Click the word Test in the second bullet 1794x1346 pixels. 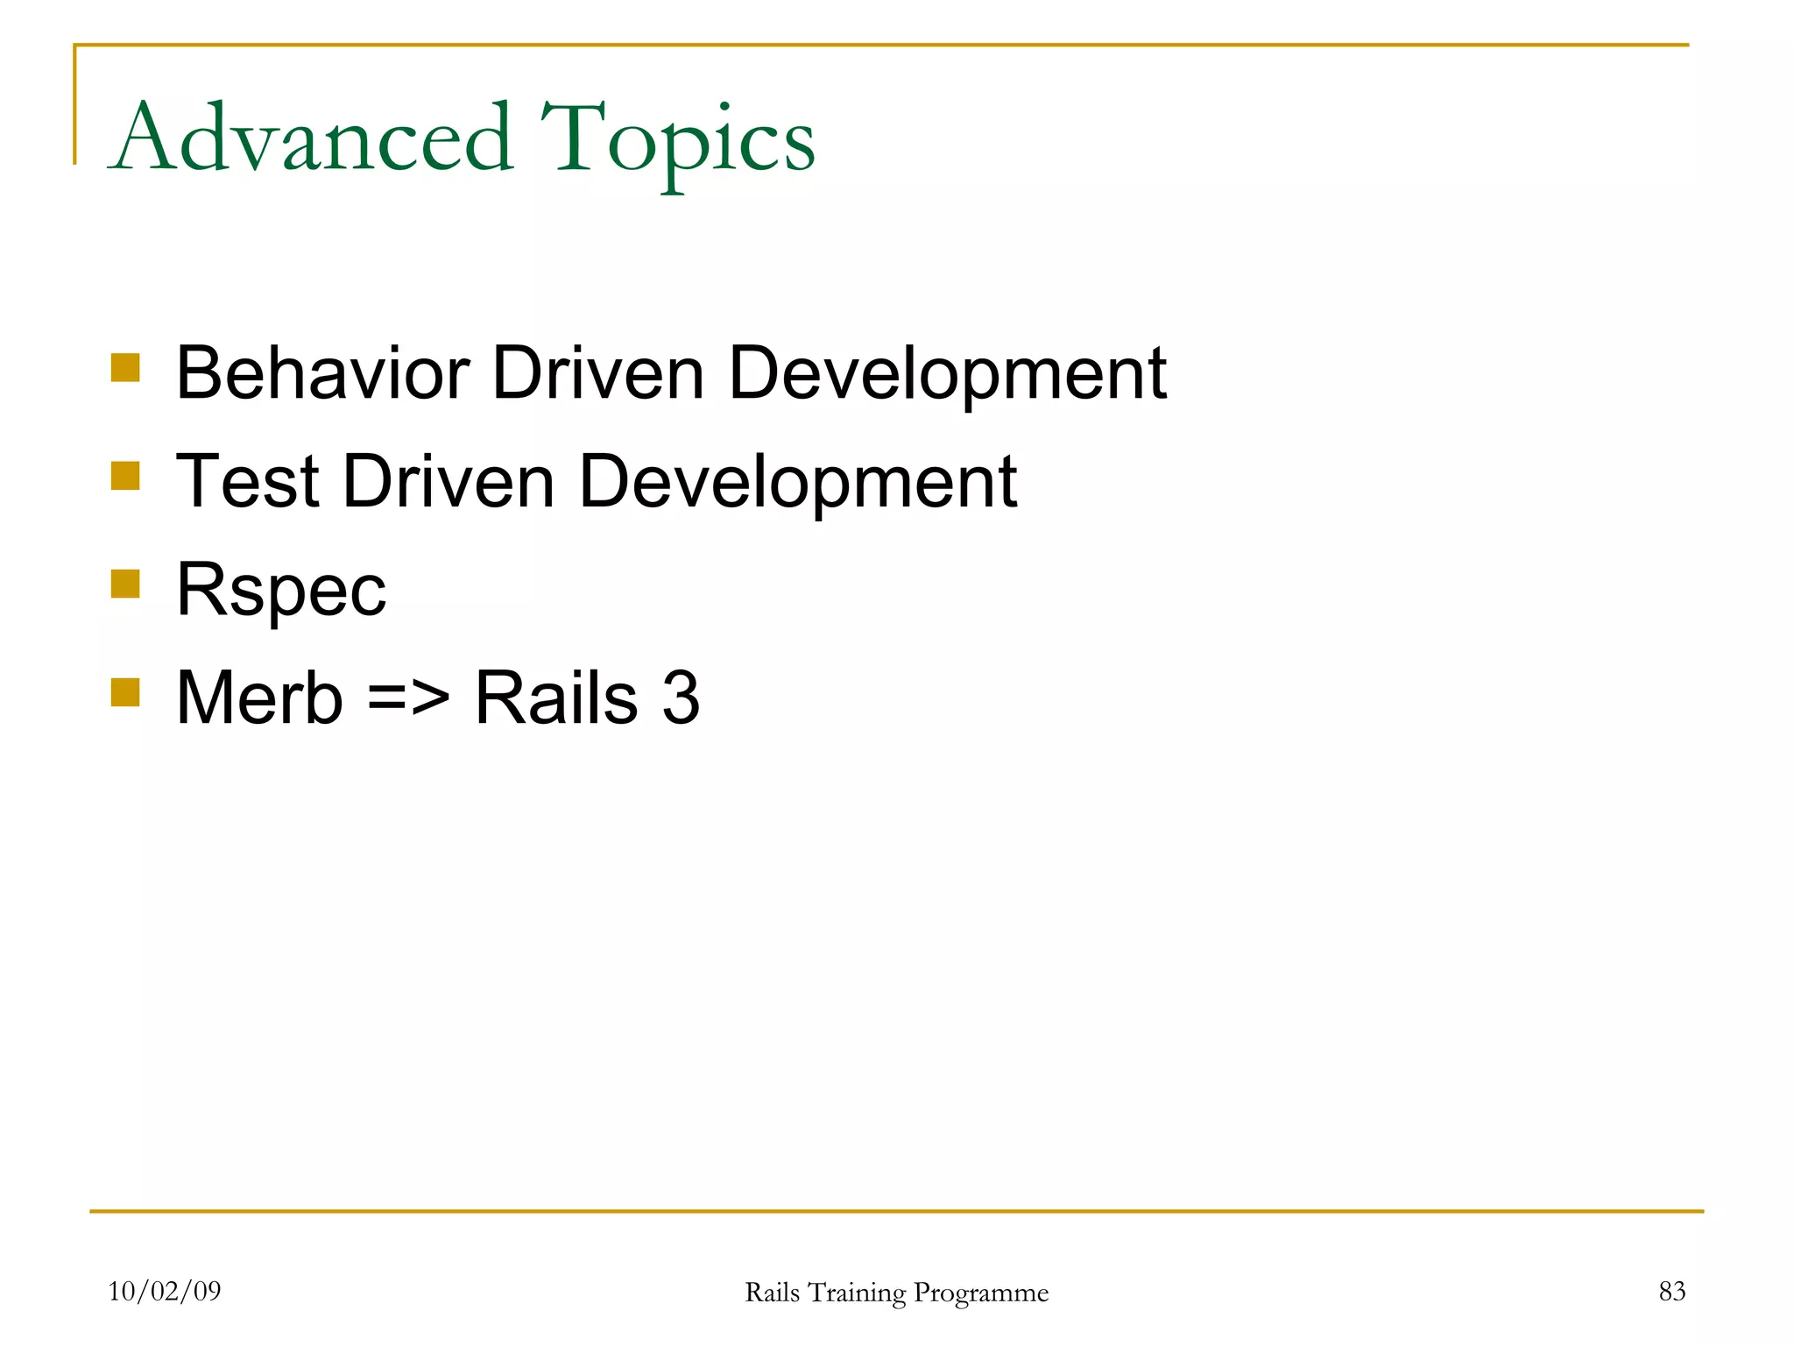[247, 481]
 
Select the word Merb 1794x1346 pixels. [259, 698]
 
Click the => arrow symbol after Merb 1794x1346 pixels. [408, 699]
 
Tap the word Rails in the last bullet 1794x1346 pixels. [555, 698]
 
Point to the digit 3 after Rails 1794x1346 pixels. [681, 698]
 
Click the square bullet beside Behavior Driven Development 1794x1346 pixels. [125, 368]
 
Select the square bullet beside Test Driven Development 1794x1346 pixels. [125, 476]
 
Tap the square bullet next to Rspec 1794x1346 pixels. [125, 584]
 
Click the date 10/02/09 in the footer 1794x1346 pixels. [164, 1291]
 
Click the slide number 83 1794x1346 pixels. [1671, 1291]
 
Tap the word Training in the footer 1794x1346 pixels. [856, 1293]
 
